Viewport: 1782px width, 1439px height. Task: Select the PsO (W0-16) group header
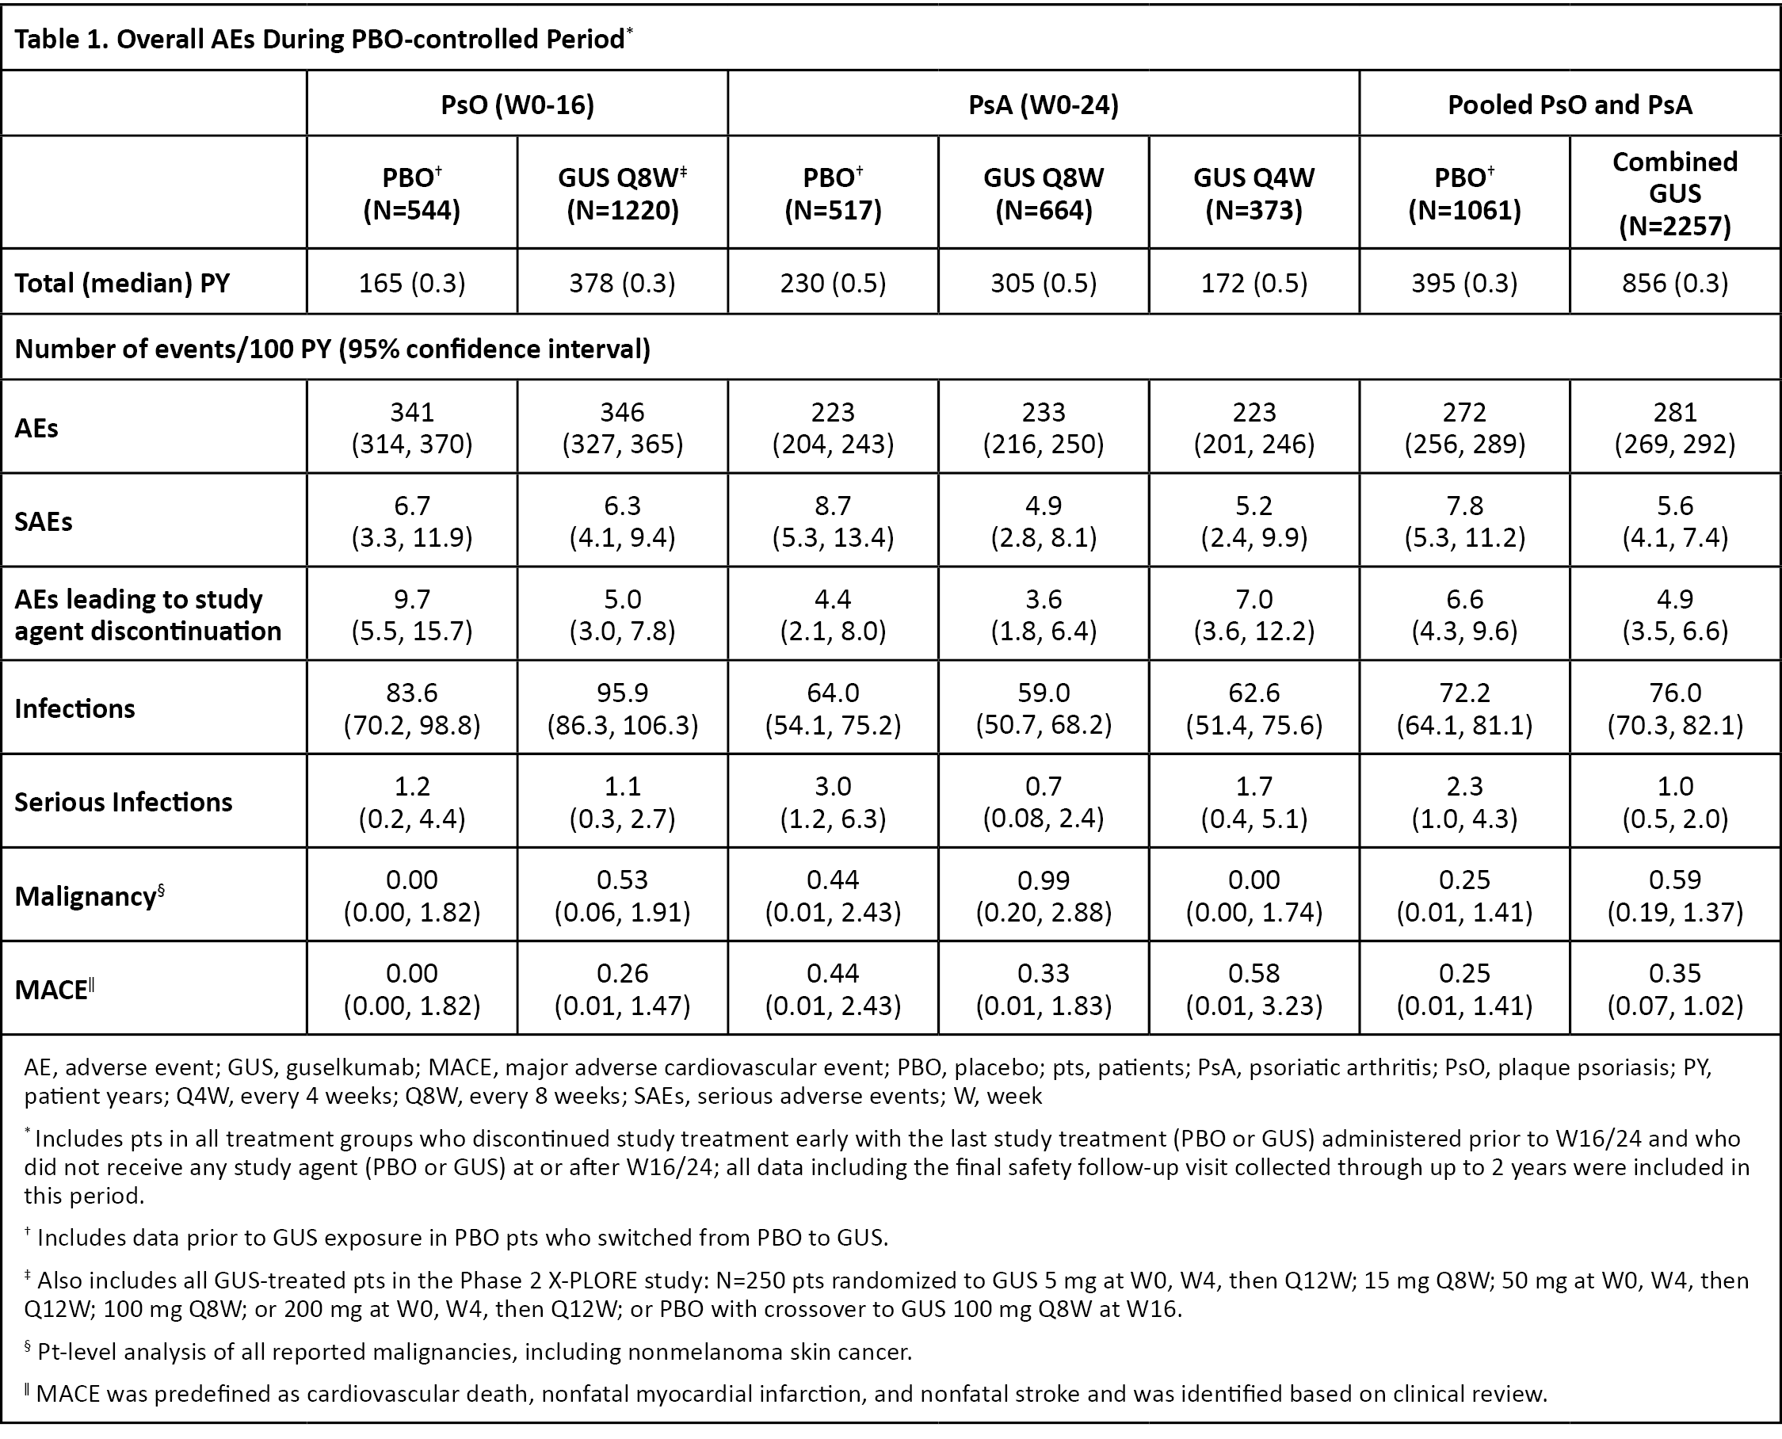517,105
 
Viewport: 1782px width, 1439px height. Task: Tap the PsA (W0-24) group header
1044,105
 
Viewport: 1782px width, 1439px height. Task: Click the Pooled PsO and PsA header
1570,105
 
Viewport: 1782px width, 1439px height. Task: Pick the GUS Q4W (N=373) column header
1254,193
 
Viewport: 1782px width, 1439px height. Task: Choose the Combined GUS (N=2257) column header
1675,193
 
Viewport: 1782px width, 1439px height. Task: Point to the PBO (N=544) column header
412,193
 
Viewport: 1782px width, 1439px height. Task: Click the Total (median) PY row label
123,284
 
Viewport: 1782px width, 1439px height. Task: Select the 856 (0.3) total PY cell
1675,284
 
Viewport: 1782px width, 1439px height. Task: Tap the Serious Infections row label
124,803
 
